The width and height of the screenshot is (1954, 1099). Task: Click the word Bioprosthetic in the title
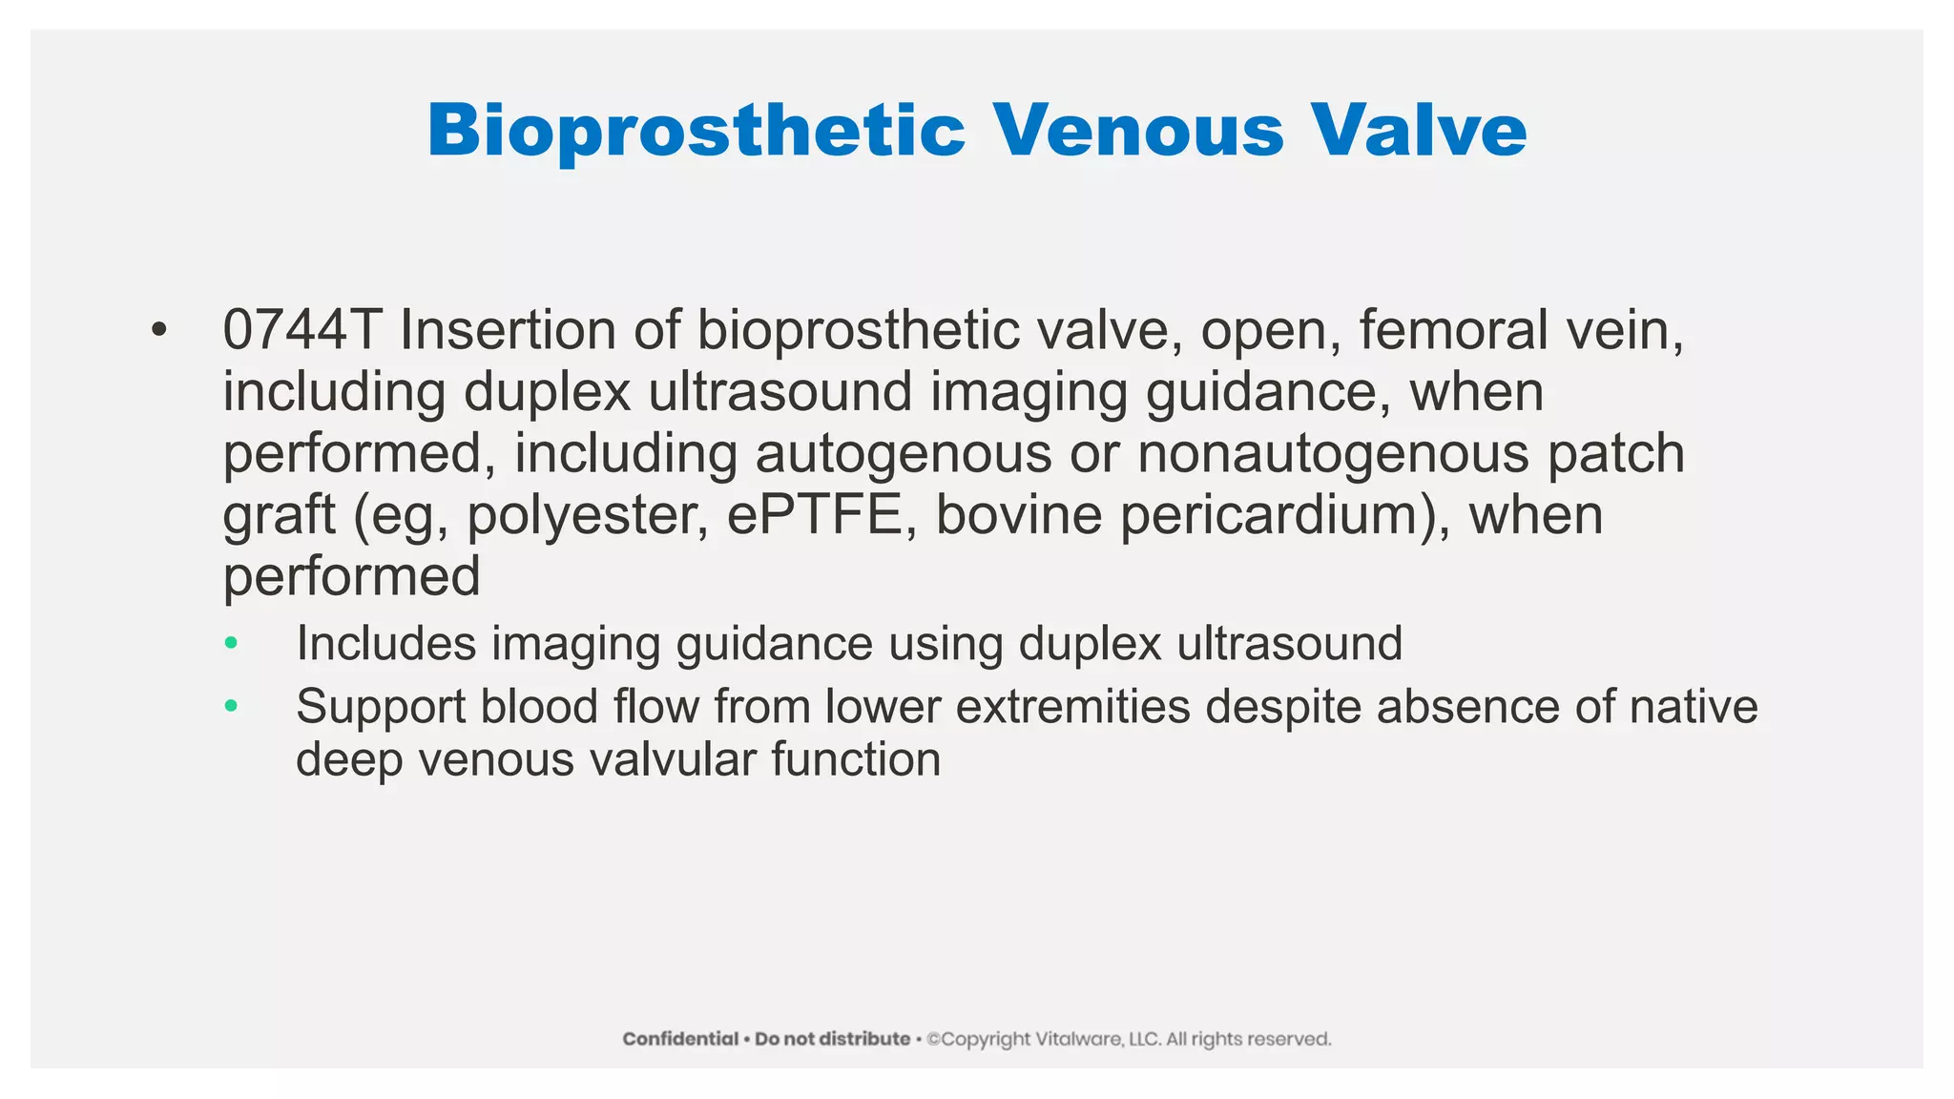point(696,131)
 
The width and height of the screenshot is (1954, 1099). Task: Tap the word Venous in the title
point(1138,131)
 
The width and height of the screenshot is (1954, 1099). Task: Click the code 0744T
point(301,330)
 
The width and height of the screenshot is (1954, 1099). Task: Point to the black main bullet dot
point(158,331)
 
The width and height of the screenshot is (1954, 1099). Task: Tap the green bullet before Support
point(230,707)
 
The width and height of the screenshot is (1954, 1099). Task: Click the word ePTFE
point(814,515)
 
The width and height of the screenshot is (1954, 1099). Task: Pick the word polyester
point(587,517)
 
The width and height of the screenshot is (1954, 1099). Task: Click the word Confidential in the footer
point(680,1039)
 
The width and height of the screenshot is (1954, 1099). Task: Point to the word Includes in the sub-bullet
point(385,643)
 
